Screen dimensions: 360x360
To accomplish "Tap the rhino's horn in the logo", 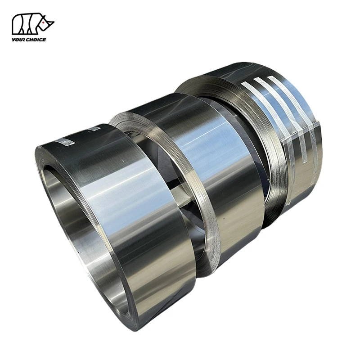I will click(x=51, y=20).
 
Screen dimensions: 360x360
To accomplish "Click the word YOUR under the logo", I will click(x=19, y=40).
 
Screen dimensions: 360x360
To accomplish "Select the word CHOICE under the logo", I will click(x=37, y=40).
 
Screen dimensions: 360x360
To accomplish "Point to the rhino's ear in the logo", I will click(x=41, y=17).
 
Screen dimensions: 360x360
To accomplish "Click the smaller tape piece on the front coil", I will click(x=94, y=129).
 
